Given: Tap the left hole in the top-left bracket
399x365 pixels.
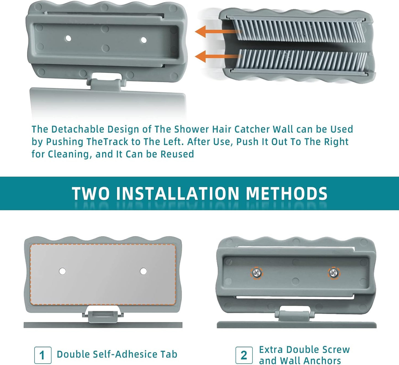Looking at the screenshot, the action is coord(68,38).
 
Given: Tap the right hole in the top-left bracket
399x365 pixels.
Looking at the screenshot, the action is coord(144,40).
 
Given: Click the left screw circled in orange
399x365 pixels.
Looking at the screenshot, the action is coord(257,273).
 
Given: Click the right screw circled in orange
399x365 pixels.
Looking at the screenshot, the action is coord(334,273).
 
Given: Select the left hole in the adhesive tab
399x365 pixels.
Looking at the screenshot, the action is coord(63,271).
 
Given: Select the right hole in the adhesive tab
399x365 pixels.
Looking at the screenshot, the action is coord(143,271).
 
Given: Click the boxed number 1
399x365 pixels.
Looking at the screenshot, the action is coord(43,355).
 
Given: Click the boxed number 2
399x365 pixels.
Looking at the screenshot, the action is coord(244,355).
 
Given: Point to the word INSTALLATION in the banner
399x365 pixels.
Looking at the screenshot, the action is coord(178,194).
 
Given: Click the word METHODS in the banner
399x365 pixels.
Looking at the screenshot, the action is coord(286,194).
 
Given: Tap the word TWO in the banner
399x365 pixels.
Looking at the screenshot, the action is coord(91,194).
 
